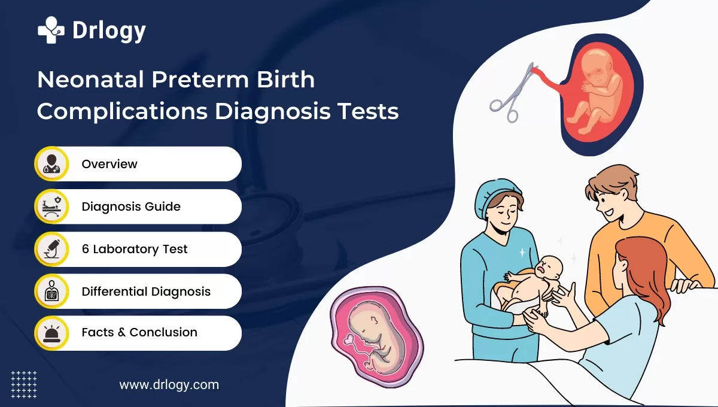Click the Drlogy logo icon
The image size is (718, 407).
51,29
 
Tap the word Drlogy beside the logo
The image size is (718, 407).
108,31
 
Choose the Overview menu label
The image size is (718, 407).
109,164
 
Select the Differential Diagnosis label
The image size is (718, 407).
146,292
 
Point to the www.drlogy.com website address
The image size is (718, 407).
169,385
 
